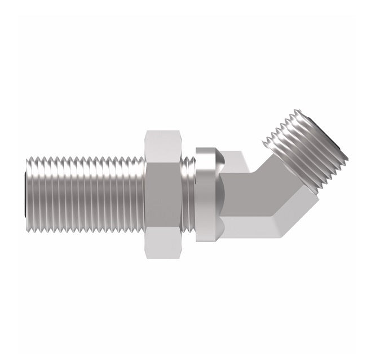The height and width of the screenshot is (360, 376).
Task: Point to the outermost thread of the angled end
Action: coord(333,141)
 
